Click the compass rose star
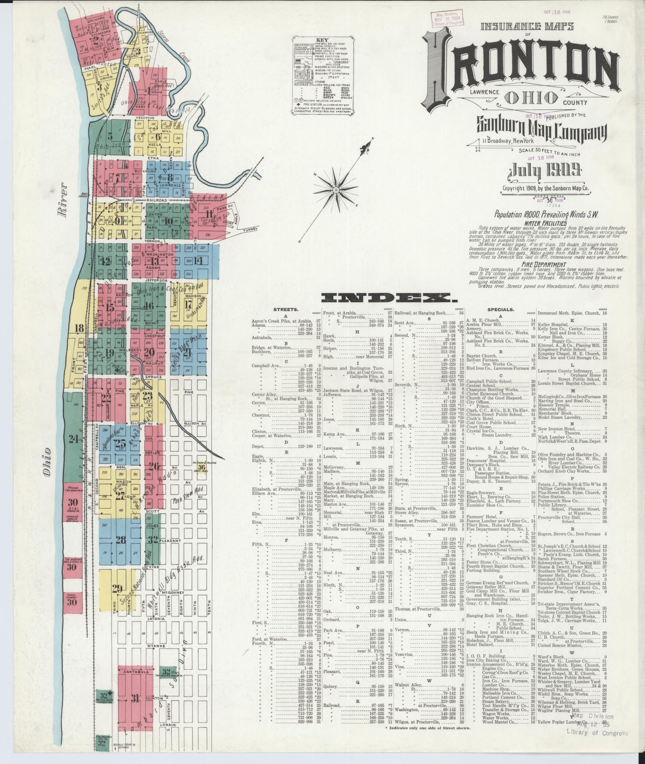pos(336,186)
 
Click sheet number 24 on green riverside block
pos(73,439)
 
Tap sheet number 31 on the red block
pos(135,699)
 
